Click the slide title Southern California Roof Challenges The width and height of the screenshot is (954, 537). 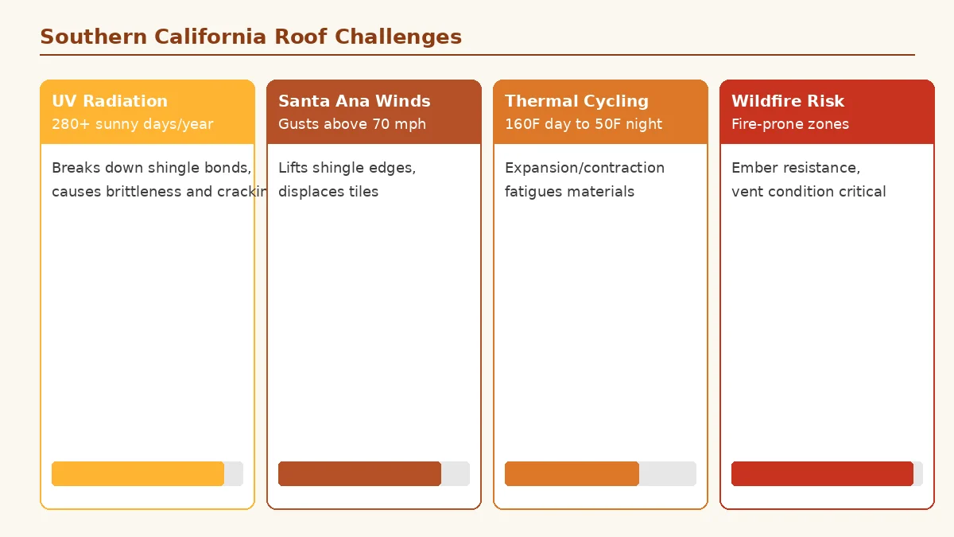click(x=250, y=37)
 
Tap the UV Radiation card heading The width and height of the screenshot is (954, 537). click(x=110, y=101)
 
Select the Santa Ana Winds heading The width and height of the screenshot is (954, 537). click(x=354, y=101)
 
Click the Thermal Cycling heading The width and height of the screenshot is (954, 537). click(x=576, y=101)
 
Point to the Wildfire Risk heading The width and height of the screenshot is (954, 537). click(x=787, y=101)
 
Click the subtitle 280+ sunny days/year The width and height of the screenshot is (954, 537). click(x=132, y=124)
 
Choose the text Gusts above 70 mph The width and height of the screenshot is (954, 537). click(x=351, y=124)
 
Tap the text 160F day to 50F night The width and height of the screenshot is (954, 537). click(x=583, y=124)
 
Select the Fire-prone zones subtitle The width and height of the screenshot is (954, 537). click(x=789, y=124)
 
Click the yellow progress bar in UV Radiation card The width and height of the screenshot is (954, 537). click(x=138, y=473)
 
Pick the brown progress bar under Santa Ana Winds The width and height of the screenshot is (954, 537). click(x=359, y=473)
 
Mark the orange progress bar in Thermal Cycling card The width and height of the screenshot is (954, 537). click(x=572, y=473)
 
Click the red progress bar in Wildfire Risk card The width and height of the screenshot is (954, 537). click(x=821, y=473)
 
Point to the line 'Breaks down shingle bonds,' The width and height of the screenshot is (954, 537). click(x=151, y=168)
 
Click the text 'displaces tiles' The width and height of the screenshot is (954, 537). click(x=328, y=192)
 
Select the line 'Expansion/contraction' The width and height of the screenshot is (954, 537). click(x=584, y=168)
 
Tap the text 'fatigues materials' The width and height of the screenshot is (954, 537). click(x=569, y=192)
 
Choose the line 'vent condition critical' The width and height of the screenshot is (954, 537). click(x=808, y=192)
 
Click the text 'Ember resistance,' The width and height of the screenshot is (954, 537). click(x=795, y=168)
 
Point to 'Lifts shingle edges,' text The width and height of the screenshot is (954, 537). click(x=347, y=168)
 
